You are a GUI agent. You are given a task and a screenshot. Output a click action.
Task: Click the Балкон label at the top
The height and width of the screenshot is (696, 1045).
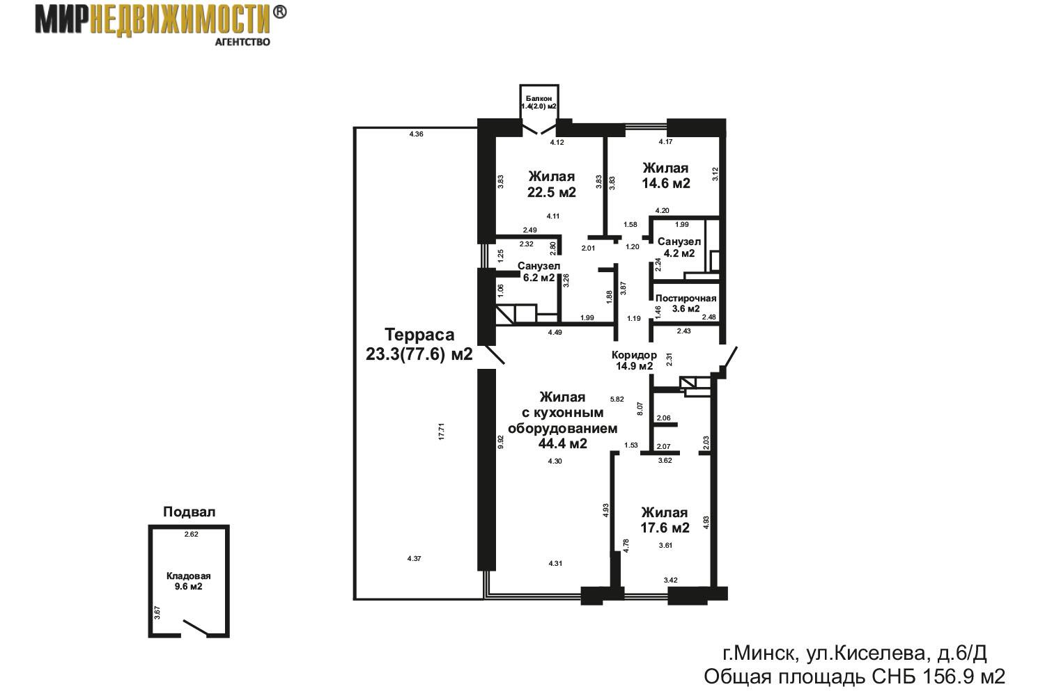pos(539,98)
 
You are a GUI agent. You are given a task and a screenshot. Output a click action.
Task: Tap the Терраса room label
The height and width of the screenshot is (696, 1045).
pos(419,335)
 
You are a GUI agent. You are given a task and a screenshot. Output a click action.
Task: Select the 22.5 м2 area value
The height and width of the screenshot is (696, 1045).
pos(552,192)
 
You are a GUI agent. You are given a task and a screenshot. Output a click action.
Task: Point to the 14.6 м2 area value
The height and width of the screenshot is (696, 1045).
pos(666,183)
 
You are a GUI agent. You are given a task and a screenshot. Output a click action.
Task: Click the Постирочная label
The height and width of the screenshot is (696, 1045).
pos(686,299)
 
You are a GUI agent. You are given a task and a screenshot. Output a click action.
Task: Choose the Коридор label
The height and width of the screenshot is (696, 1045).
pos(634,355)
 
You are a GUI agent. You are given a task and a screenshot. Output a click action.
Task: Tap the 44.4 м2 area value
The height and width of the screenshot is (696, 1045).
pos(563,443)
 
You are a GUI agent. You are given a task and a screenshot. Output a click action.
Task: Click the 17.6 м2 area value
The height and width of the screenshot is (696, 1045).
pos(665,528)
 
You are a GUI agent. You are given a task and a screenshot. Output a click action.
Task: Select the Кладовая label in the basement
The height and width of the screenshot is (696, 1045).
pos(189,576)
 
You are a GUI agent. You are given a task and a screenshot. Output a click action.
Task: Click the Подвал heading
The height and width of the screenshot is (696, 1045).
pos(189,512)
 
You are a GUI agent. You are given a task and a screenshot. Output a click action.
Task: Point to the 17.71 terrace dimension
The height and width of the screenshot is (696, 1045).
pos(441,432)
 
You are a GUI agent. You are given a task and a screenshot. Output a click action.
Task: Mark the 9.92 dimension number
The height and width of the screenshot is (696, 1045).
pos(501,442)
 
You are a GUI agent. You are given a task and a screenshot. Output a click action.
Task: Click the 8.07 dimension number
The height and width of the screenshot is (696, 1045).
pos(640,409)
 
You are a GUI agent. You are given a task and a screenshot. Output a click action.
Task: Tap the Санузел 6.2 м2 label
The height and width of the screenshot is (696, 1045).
pos(539,271)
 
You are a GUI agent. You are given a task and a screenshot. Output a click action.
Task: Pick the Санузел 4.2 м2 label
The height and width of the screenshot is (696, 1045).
pos(679,248)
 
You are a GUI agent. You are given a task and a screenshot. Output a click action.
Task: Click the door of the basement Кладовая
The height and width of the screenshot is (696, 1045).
pos(196,628)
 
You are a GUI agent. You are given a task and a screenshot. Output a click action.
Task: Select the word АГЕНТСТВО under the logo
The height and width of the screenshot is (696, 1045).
pos(242,42)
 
